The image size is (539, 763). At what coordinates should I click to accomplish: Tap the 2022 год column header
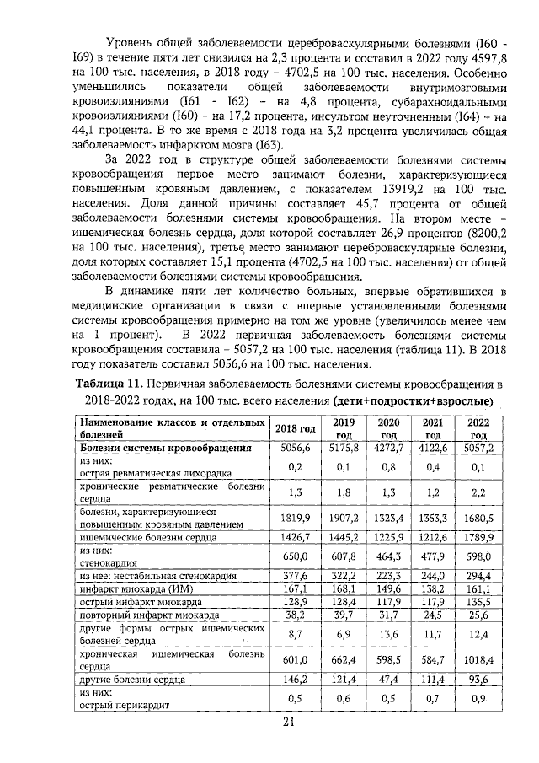[x=478, y=428]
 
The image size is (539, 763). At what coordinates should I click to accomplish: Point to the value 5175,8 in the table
[x=342, y=448]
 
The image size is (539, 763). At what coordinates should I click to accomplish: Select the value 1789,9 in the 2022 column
[x=478, y=536]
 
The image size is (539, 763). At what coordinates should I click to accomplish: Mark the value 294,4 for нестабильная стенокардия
[x=478, y=575]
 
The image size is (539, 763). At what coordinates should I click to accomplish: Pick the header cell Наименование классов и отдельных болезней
[x=173, y=428]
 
